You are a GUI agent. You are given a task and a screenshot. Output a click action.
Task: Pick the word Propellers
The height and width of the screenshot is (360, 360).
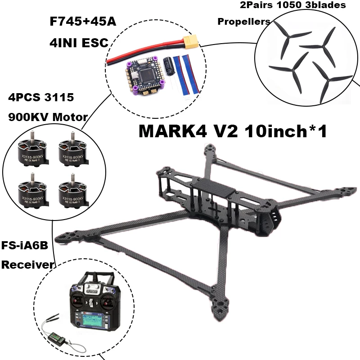(x=244, y=22)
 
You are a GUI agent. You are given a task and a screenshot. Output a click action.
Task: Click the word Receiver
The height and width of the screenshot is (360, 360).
(x=27, y=265)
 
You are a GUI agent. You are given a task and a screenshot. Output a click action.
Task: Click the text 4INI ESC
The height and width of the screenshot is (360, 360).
(x=78, y=44)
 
